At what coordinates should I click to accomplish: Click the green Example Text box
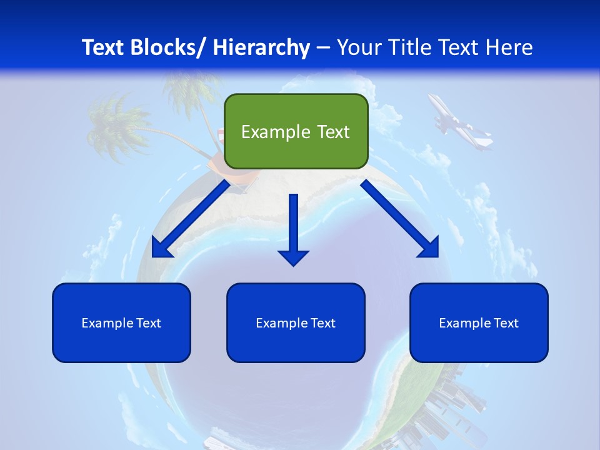click(x=296, y=131)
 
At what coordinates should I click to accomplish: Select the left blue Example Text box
click(x=121, y=322)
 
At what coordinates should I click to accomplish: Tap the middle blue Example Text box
click(x=296, y=322)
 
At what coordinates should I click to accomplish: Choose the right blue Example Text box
click(x=479, y=322)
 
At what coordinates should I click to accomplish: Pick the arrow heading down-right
click(x=397, y=216)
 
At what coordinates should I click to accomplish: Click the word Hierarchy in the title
click(x=261, y=47)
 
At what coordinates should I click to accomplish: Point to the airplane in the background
click(x=459, y=123)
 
